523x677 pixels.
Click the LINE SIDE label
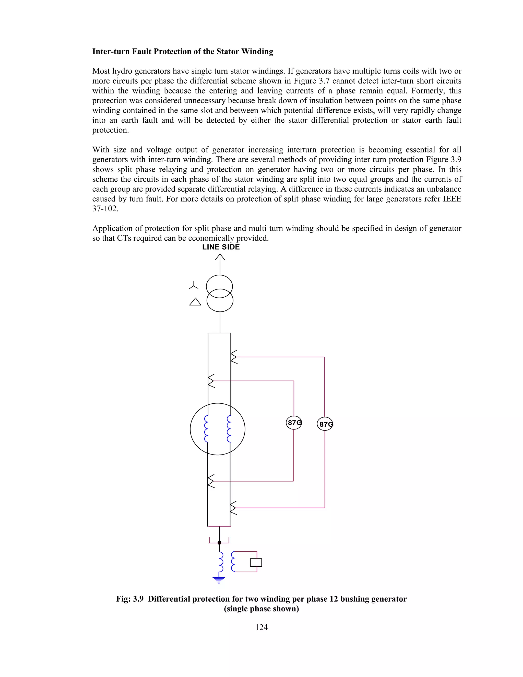[221, 247]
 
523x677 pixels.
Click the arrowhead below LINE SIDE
[220, 257]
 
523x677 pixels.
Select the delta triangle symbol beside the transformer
[195, 302]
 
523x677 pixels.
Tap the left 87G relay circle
[294, 423]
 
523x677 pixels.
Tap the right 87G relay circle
[325, 424]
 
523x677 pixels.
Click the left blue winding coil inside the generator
[206, 429]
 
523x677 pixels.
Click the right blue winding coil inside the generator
[229, 429]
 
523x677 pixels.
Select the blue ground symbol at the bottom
[219, 580]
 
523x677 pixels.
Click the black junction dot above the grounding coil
[219, 542]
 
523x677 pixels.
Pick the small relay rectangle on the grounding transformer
[256, 562]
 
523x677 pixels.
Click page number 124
[261, 627]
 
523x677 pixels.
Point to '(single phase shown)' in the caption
[261, 609]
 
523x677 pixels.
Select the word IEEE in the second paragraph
[452, 199]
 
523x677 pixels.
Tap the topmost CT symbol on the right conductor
[234, 357]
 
